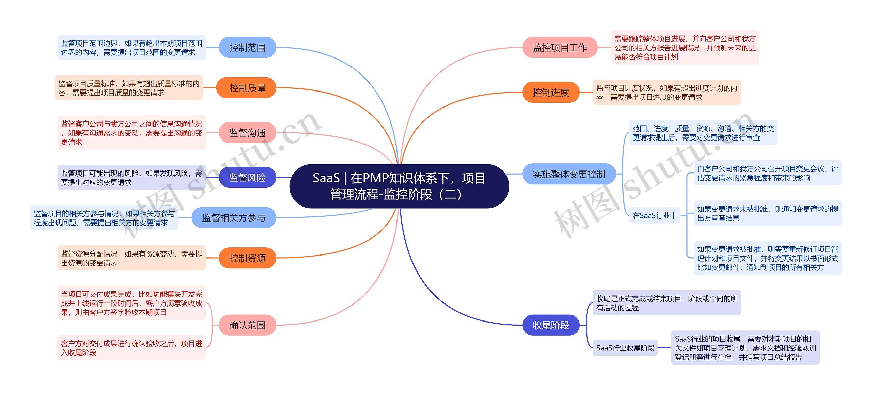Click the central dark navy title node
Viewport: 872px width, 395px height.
(x=399, y=186)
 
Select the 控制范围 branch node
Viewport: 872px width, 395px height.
(x=247, y=47)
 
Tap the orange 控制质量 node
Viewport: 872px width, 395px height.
(x=247, y=88)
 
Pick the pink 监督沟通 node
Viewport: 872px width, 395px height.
(x=247, y=133)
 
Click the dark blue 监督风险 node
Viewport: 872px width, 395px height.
(x=247, y=177)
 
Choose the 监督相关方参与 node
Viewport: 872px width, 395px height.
(x=234, y=218)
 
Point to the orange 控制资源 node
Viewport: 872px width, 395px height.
(x=247, y=258)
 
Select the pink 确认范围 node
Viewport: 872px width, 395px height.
(x=247, y=325)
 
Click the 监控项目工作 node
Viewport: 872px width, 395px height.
(x=560, y=47)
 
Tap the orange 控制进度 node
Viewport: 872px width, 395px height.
(x=551, y=92)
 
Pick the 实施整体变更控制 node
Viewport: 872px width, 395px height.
(x=569, y=174)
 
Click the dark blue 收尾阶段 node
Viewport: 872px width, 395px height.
(x=551, y=325)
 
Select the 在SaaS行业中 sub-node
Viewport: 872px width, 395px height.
(x=654, y=215)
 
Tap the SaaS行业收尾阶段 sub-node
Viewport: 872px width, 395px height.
(x=625, y=348)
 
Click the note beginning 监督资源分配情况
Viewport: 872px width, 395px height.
(x=131, y=258)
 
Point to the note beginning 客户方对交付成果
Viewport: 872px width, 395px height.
(x=131, y=348)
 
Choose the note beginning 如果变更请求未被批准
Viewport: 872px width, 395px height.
(x=767, y=213)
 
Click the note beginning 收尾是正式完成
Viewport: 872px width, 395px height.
(x=667, y=303)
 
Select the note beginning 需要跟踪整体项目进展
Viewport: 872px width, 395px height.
(x=685, y=48)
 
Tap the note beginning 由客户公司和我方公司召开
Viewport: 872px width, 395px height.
(x=767, y=173)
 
